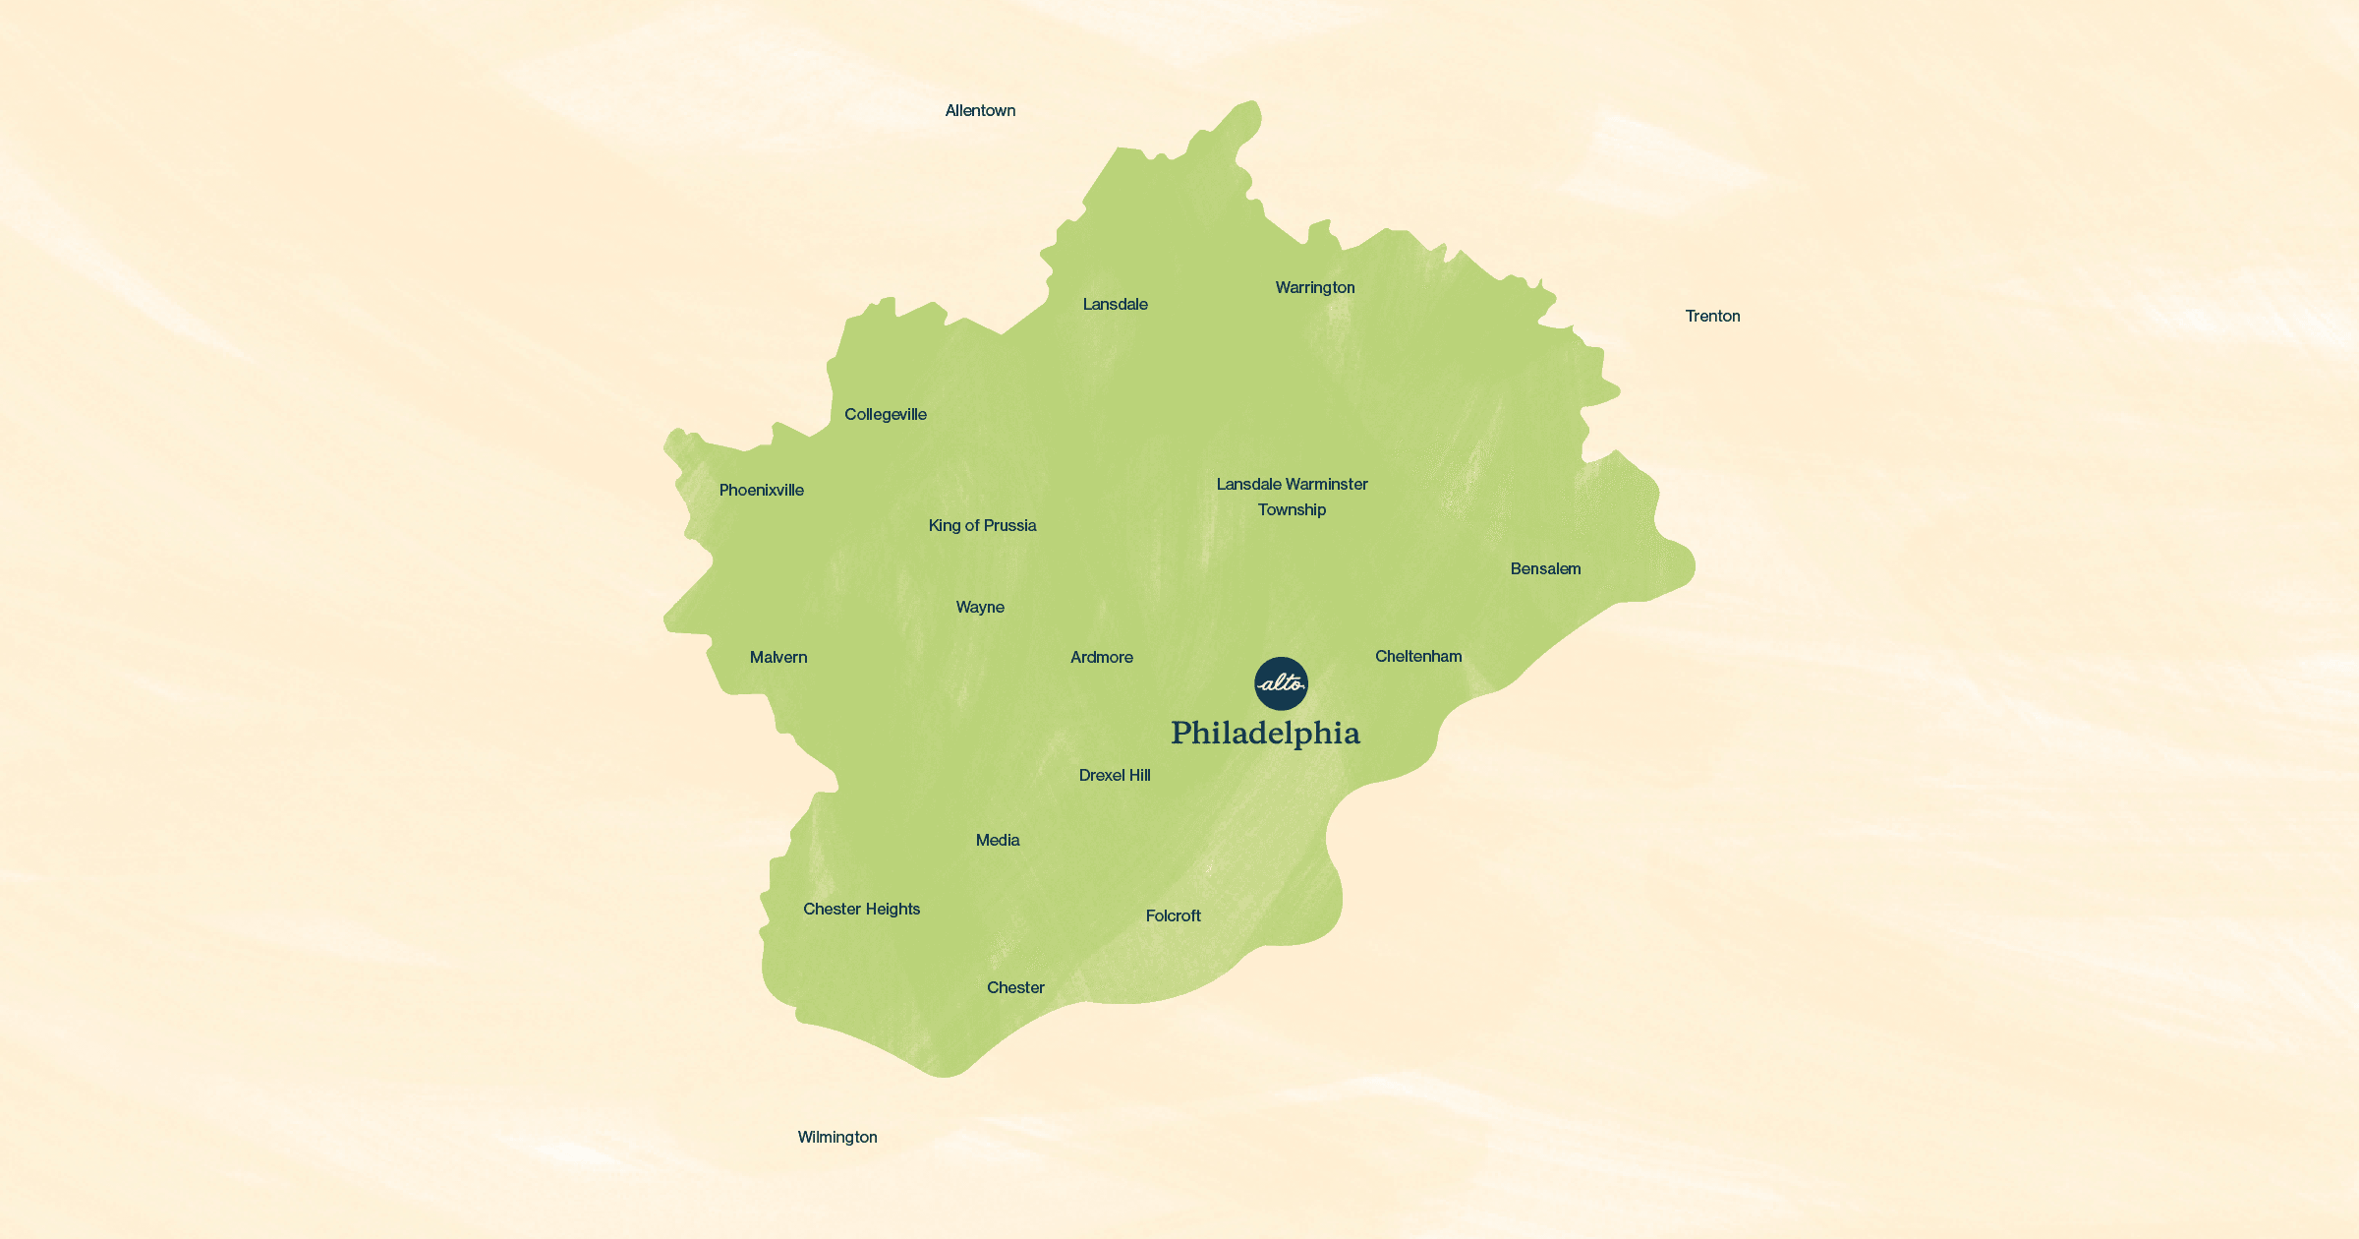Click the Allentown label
980,111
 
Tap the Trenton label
1712,317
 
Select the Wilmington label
837,1138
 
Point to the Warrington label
1315,288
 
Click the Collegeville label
886,415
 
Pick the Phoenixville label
762,491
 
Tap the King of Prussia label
983,526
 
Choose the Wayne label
980,608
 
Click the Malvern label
778,658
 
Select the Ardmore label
1102,658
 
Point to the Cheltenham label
1418,657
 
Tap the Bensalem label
1545,569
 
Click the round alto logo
1281,683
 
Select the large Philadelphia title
1265,734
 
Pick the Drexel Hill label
1115,776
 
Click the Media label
998,841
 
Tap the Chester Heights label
862,910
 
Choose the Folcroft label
1174,916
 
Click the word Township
1292,510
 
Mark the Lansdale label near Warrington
1116,305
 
